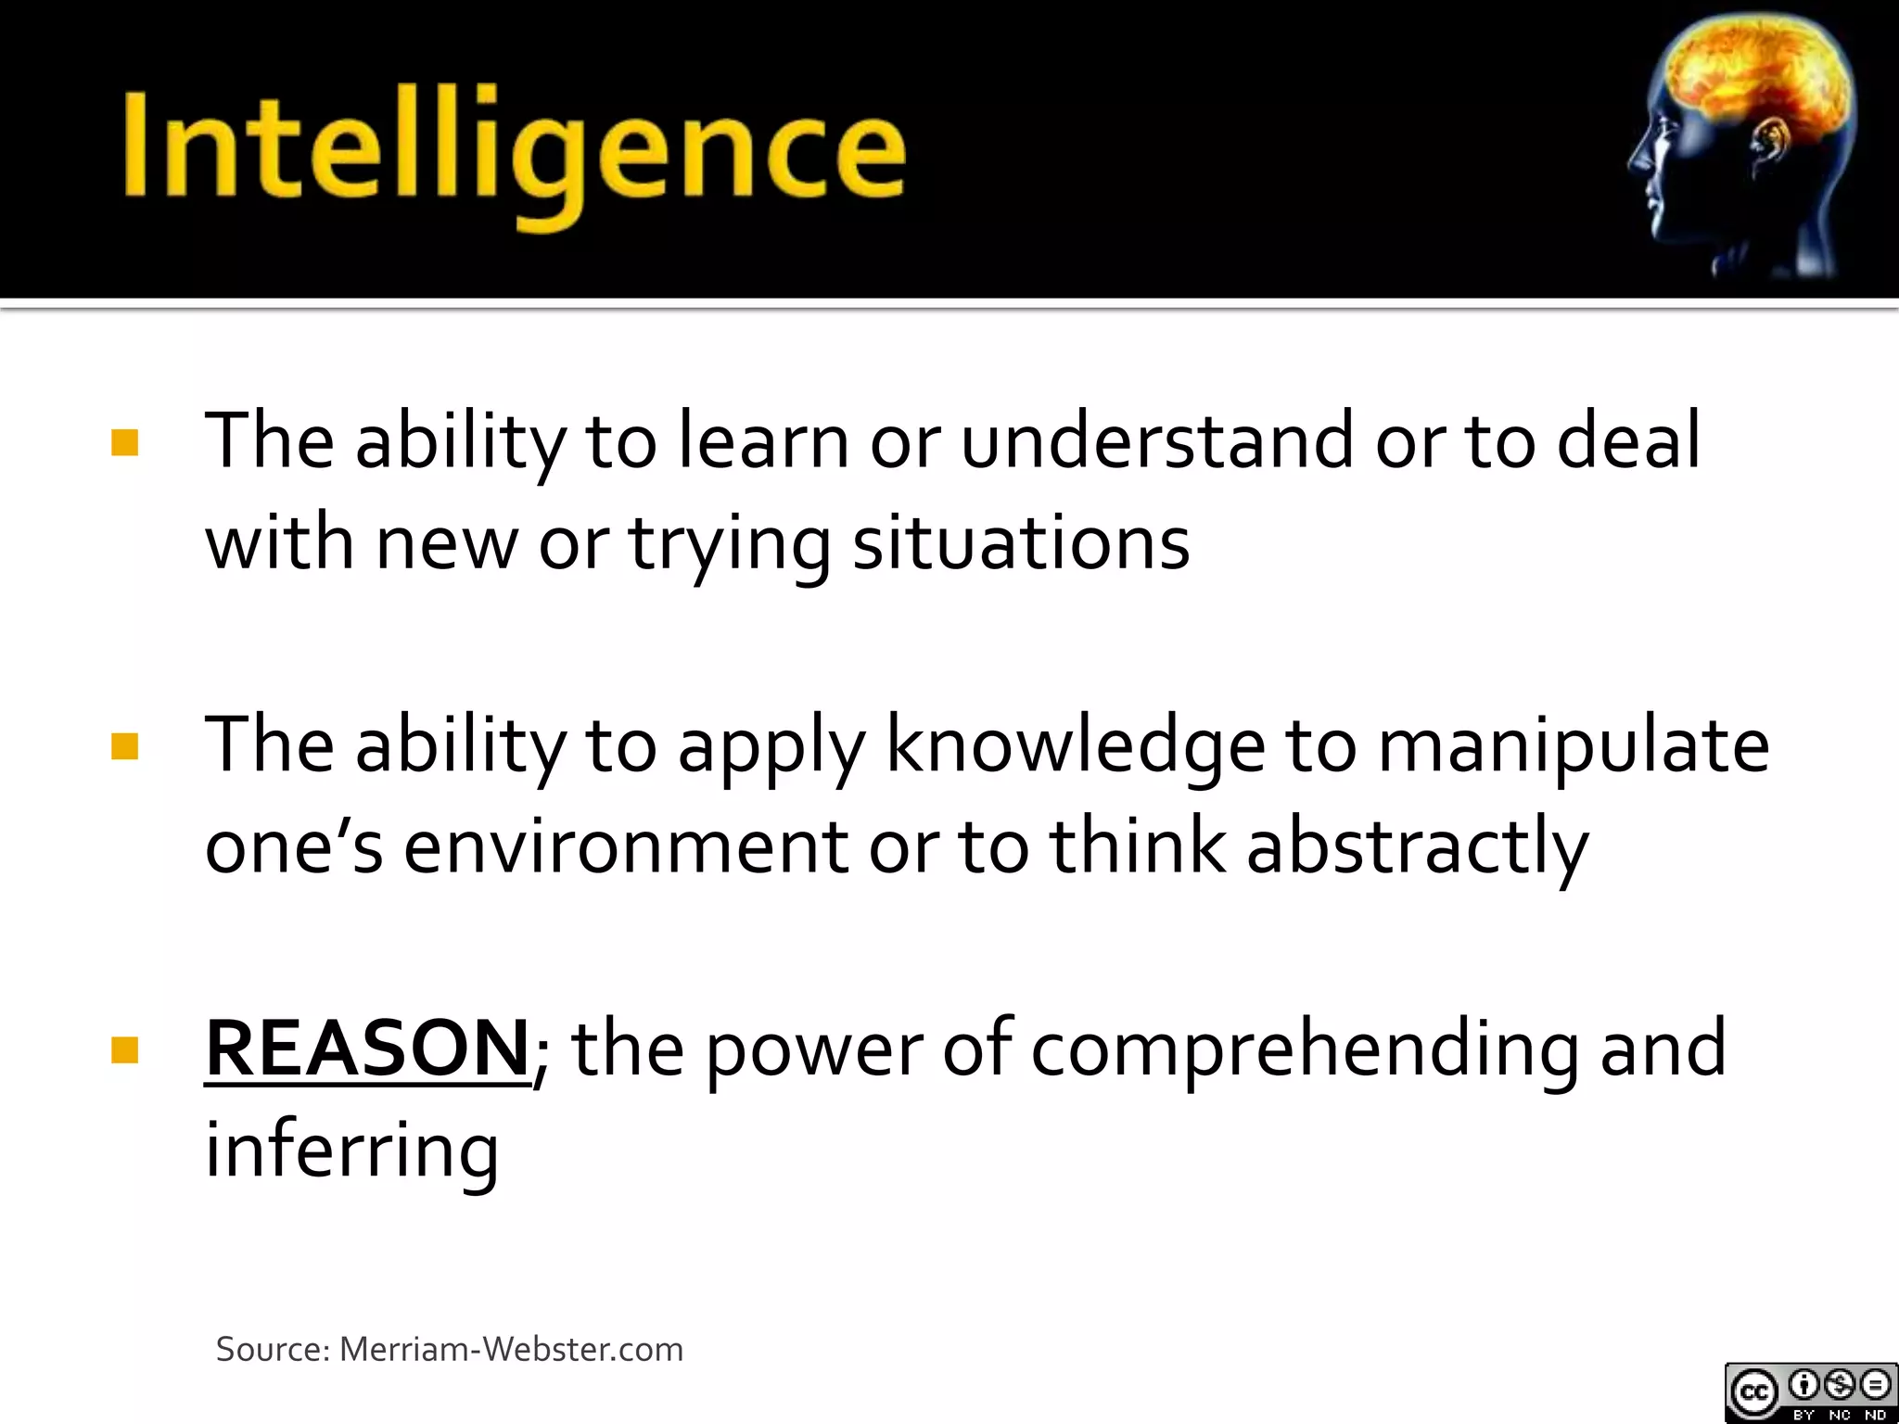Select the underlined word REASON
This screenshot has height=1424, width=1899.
(367, 1048)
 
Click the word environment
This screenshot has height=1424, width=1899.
(626, 845)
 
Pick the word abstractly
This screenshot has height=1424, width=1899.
(1417, 845)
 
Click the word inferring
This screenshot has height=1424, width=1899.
(352, 1150)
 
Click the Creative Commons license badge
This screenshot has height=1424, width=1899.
(1809, 1392)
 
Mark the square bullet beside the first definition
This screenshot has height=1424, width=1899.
(124, 442)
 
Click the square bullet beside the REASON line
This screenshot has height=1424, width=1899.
(124, 1050)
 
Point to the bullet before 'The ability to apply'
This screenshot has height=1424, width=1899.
(124, 746)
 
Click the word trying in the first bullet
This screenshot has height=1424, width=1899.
(729, 544)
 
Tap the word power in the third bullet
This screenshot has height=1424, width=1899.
(814, 1049)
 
